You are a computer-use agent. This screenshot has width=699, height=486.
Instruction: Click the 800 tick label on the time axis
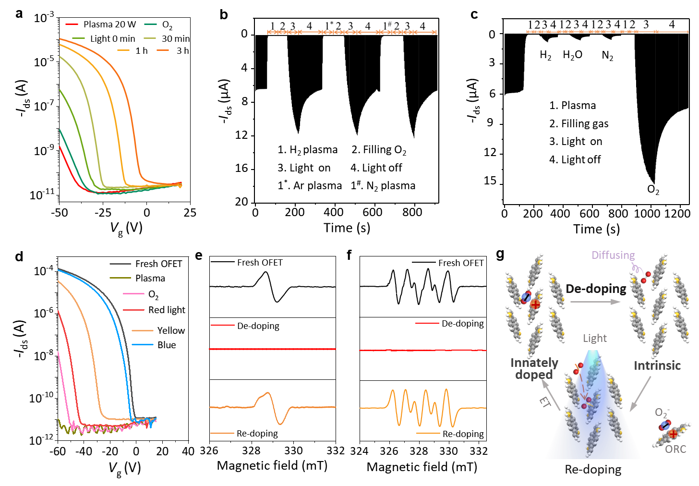[x=618, y=214]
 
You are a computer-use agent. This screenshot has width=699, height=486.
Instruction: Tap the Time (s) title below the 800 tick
[x=596, y=229]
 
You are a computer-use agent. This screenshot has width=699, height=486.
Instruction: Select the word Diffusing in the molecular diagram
[x=613, y=255]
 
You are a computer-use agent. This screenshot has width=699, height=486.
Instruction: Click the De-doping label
[x=596, y=289]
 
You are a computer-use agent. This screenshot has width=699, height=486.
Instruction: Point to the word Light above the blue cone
[x=595, y=338]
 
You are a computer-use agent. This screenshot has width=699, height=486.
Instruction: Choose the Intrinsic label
[x=657, y=365]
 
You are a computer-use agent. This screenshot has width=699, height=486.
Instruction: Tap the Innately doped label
[x=534, y=368]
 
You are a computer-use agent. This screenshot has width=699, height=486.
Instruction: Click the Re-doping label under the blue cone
[x=593, y=469]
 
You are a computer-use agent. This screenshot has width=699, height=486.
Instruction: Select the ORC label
[x=675, y=449]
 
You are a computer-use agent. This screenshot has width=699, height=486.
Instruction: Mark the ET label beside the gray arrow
[x=544, y=402]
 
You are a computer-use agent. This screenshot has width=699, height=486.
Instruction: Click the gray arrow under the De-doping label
[x=595, y=302]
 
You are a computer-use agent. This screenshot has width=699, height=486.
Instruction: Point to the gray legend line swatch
[x=120, y=264]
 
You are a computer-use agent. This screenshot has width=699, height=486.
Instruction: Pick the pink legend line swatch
[x=133, y=293]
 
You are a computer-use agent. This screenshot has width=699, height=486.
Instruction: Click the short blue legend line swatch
[x=143, y=344]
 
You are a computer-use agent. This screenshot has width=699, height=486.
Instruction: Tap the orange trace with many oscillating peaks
[x=422, y=407]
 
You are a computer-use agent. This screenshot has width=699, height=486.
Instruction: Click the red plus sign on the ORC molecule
[x=673, y=434]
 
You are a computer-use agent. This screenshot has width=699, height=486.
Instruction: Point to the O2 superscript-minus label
[x=662, y=413]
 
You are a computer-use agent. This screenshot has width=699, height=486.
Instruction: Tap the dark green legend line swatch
[x=150, y=24]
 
